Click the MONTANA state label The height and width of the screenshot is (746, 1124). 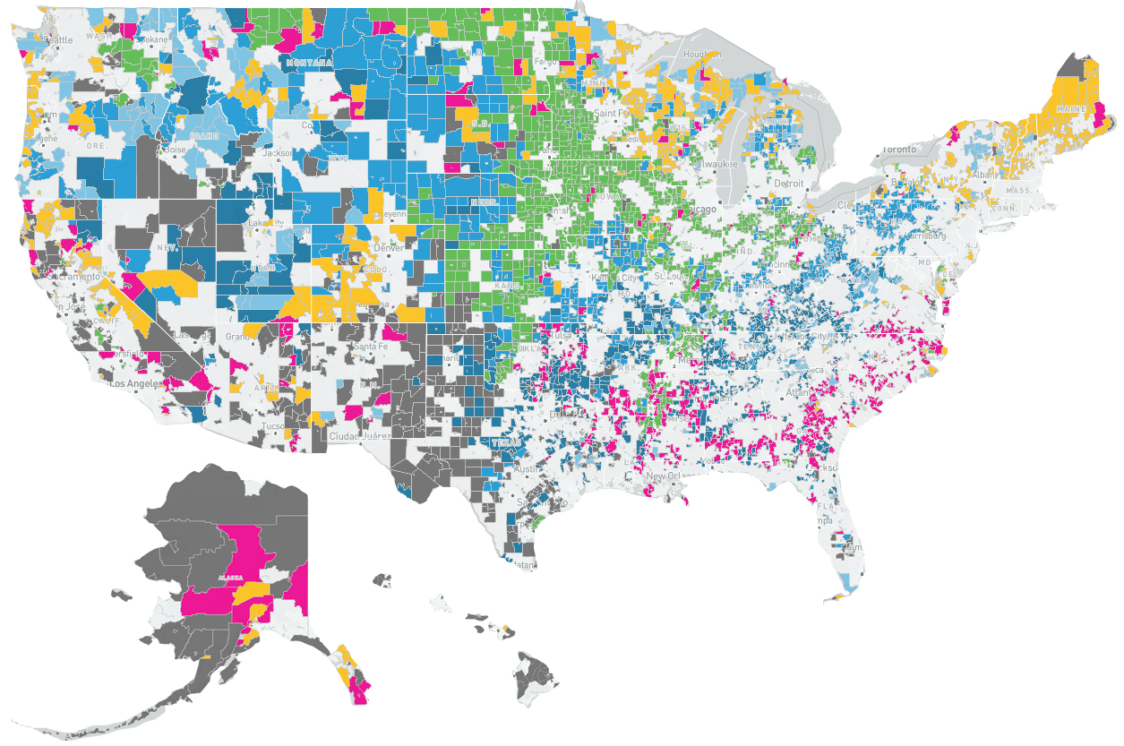(308, 64)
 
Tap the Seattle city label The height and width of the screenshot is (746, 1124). (59, 39)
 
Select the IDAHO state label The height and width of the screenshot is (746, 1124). (206, 135)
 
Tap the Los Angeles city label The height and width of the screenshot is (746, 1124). (134, 383)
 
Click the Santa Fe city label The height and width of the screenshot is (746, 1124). (371, 347)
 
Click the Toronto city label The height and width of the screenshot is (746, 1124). (897, 149)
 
